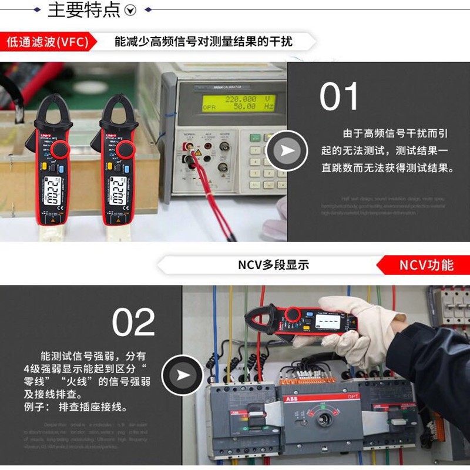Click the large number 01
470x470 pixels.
339,97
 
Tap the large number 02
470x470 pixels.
134,322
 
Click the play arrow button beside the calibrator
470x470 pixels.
287,151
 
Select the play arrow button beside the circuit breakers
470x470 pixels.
182,375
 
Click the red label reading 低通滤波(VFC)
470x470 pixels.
46,42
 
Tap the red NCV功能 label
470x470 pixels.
427,264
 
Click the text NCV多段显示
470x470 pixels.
273,264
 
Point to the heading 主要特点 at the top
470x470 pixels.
83,10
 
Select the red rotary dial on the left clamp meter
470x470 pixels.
58,150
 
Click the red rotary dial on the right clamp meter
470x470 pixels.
125,150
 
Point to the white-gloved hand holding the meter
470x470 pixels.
364,329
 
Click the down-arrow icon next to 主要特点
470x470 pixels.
132,10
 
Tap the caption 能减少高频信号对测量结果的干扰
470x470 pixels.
203,42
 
